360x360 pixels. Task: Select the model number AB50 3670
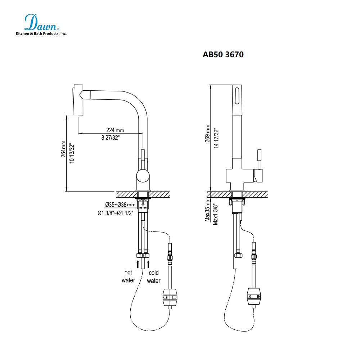pyautogui.click(x=223, y=55)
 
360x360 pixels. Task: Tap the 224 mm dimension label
pyautogui.click(x=115, y=130)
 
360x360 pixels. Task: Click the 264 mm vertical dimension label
pyautogui.click(x=63, y=149)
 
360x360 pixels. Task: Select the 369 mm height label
pyautogui.click(x=208, y=134)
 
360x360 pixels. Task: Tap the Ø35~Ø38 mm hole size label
pyautogui.click(x=120, y=205)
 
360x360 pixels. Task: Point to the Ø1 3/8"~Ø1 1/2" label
pyautogui.click(x=116, y=213)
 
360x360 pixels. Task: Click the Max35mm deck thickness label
pyautogui.click(x=208, y=210)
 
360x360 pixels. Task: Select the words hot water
pyautogui.click(x=128, y=276)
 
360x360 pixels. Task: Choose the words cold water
pyautogui.click(x=154, y=277)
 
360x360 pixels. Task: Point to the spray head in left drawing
pyautogui.click(x=78, y=100)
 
